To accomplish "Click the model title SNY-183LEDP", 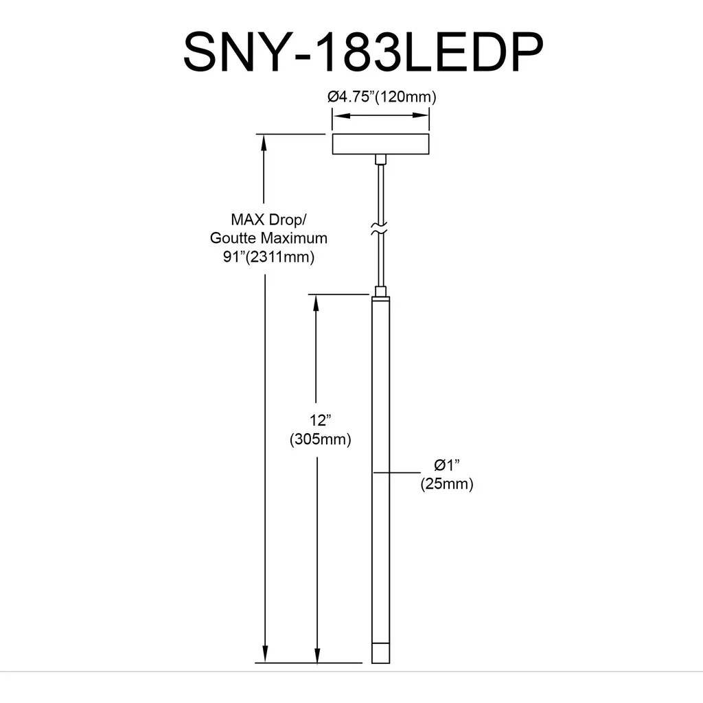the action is coord(364,52).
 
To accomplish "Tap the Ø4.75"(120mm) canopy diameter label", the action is coord(382,96).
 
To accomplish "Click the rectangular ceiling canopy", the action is coord(380,144).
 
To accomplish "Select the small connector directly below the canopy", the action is coord(380,159).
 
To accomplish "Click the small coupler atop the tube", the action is coord(380,291).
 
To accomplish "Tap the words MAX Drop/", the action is coord(268,220).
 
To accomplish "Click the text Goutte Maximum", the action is coord(268,238).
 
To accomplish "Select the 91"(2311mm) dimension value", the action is coord(268,257).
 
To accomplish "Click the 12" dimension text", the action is coord(320,420).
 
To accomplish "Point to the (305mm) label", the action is coord(320,439).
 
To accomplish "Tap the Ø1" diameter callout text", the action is coord(446,465).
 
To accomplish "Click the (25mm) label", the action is coord(446,484).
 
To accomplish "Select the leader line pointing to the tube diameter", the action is coord(397,472).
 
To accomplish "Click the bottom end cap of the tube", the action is coord(380,654).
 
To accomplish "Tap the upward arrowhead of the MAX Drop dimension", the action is coord(264,143).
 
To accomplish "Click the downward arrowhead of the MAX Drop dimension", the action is coord(265,654).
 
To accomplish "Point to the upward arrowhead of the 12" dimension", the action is coord(316,303).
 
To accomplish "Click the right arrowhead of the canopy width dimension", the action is coord(420,115).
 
